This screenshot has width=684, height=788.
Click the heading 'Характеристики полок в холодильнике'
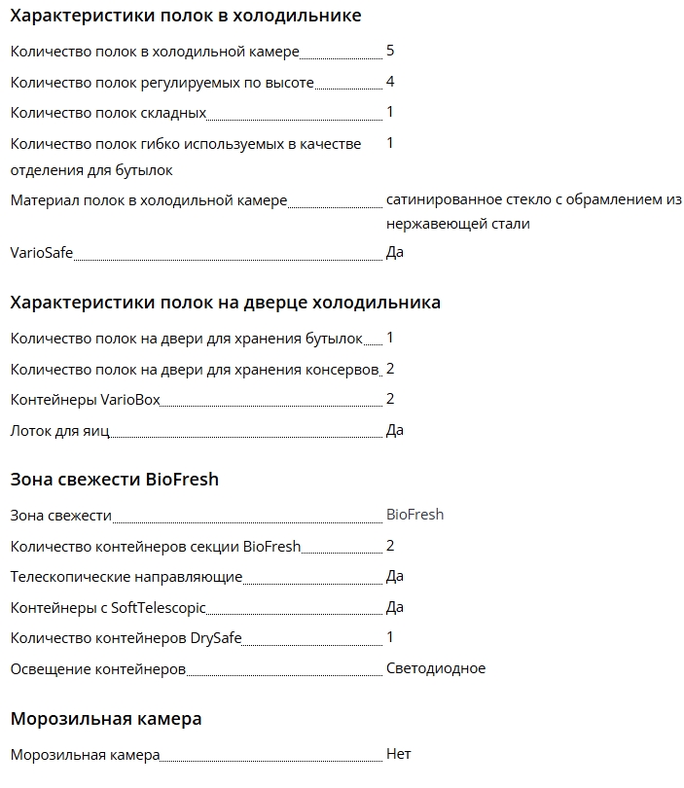(185, 16)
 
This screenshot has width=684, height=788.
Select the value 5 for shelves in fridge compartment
(390, 51)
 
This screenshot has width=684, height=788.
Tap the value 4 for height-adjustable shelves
(390, 82)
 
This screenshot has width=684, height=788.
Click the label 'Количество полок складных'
(108, 113)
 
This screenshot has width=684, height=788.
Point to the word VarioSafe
(42, 253)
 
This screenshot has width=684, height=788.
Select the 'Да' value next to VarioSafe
(395, 253)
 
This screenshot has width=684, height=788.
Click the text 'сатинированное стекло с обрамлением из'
(533, 200)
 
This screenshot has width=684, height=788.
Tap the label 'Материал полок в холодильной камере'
(149, 200)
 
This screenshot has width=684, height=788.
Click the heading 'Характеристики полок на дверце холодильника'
(225, 303)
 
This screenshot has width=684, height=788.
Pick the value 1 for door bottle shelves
(390, 338)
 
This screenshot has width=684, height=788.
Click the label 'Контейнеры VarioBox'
(85, 400)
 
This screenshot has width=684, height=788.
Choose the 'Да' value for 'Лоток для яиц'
(395, 430)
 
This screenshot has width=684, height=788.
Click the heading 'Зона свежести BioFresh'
(114, 480)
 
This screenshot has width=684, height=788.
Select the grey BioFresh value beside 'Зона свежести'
(414, 515)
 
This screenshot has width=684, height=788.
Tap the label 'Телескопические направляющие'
(126, 577)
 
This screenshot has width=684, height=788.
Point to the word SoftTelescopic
(159, 608)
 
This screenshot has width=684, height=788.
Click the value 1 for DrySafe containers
(390, 637)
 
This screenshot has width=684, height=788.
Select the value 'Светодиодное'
(435, 668)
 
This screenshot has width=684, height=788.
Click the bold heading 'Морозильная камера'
(106, 720)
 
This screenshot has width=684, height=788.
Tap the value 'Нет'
(399, 755)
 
